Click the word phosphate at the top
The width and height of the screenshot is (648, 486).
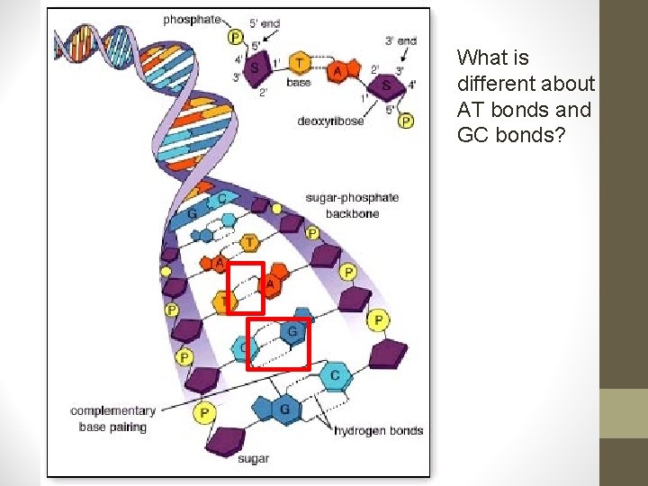pyautogui.click(x=192, y=19)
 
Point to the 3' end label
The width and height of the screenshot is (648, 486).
pyautogui.click(x=400, y=40)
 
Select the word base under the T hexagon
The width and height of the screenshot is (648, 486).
pyautogui.click(x=298, y=83)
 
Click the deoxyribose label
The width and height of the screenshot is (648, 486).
pyautogui.click(x=330, y=121)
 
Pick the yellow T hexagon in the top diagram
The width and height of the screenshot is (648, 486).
pyautogui.click(x=300, y=62)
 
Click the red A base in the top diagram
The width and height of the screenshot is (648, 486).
pyautogui.click(x=337, y=71)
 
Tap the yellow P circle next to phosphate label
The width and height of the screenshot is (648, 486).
pyautogui.click(x=236, y=37)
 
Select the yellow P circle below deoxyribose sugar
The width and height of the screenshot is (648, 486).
pyautogui.click(x=406, y=121)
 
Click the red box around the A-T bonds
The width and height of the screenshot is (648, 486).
pyautogui.click(x=245, y=288)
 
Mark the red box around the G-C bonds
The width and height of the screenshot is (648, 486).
pyautogui.click(x=278, y=343)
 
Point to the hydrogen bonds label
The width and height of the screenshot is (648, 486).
pyautogui.click(x=378, y=430)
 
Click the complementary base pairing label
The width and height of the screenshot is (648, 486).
pyautogui.click(x=112, y=418)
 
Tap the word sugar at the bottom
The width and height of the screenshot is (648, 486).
pyautogui.click(x=254, y=458)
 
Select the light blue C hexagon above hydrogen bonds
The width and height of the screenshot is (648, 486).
pyautogui.click(x=335, y=374)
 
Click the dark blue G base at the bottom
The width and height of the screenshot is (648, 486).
pyautogui.click(x=283, y=409)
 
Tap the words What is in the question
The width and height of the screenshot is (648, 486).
pyautogui.click(x=492, y=58)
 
